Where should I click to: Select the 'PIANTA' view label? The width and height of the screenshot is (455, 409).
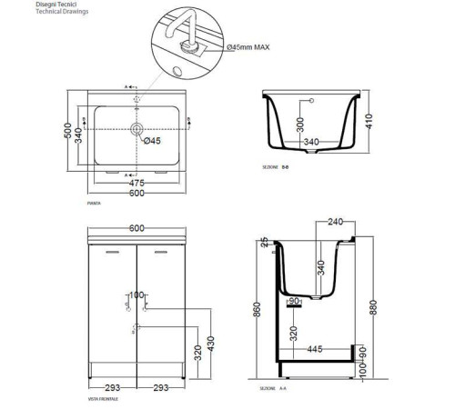pos(93,204)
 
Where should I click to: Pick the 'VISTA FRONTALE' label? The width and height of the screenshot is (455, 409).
pos(103,398)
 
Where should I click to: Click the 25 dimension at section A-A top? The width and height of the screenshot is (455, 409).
pos(262,244)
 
